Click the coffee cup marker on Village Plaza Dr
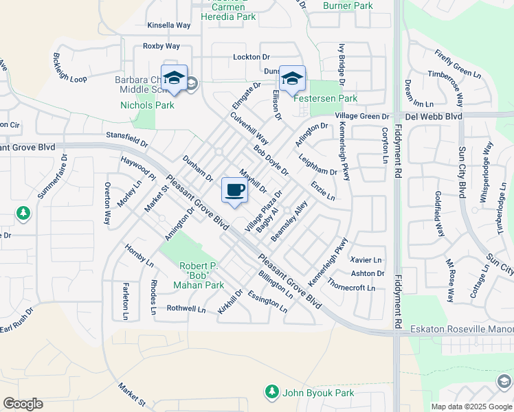point(234,190)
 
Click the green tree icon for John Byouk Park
point(272,392)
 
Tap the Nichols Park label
point(147,105)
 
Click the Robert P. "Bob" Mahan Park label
point(202,275)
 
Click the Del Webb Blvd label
point(433,117)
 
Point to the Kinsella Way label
point(168,25)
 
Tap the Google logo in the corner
point(23,404)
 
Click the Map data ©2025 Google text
point(471,407)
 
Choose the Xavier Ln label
point(366,260)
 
